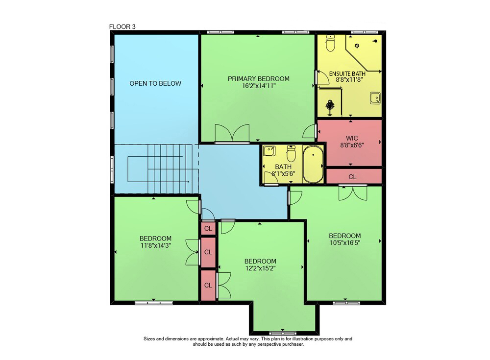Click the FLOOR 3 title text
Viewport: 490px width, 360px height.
(122, 27)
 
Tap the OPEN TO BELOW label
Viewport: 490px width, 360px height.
(155, 83)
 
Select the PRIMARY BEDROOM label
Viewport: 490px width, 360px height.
(258, 79)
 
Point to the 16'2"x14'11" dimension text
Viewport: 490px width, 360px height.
(259, 86)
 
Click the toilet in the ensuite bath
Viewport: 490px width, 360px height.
(330, 43)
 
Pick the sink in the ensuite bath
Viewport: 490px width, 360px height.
(375, 98)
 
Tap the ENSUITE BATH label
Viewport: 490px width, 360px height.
(347, 74)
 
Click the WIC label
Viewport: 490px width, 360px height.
(352, 138)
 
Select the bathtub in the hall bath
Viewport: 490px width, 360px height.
(313, 164)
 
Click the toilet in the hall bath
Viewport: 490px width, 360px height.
(291, 153)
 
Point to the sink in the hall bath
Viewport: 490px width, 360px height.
(269, 151)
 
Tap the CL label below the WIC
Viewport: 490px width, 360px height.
(352, 177)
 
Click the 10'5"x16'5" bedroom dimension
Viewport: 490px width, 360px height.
(344, 242)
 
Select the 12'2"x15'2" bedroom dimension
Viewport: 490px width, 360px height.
(260, 268)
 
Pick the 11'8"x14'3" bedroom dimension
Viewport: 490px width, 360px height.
(155, 245)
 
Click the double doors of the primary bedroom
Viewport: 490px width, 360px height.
(232, 133)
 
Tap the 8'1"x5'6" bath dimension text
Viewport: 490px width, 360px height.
(283, 174)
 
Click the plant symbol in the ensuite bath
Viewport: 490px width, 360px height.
(330, 106)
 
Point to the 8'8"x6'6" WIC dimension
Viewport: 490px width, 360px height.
(352, 145)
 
